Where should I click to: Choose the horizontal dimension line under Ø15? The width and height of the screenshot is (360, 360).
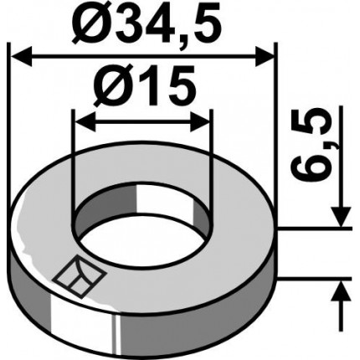[142, 119]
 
